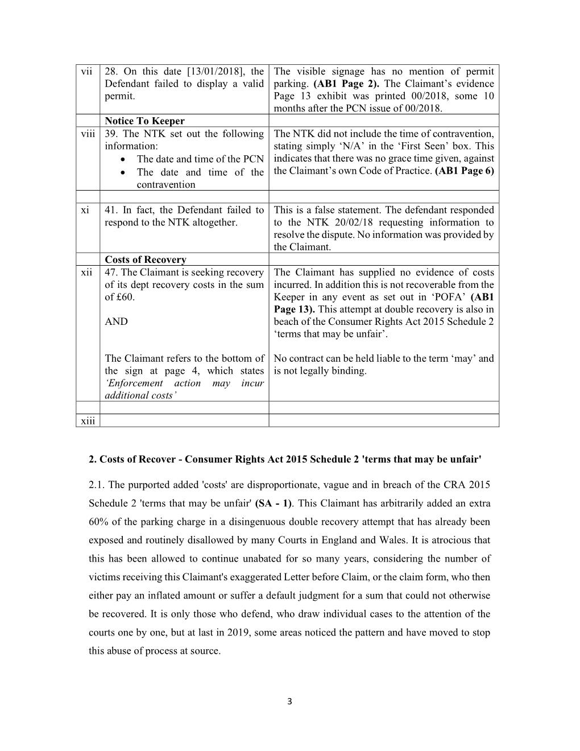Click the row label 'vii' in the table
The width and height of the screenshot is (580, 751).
[x=86, y=72]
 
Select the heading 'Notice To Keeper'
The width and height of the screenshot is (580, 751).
[x=144, y=121]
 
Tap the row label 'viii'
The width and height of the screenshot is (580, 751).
[x=86, y=134]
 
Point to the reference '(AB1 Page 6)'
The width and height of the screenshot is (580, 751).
[x=464, y=171]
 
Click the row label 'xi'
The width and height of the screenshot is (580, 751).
[x=85, y=211]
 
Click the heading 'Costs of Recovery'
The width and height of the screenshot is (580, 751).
[x=146, y=260]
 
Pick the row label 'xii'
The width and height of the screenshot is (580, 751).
[x=86, y=273]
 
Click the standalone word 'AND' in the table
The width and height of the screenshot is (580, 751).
[x=116, y=322]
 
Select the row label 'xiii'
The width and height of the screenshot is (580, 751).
[x=88, y=420]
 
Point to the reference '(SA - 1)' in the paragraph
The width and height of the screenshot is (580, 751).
[x=274, y=504]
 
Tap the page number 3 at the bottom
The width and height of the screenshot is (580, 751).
[x=289, y=702]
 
